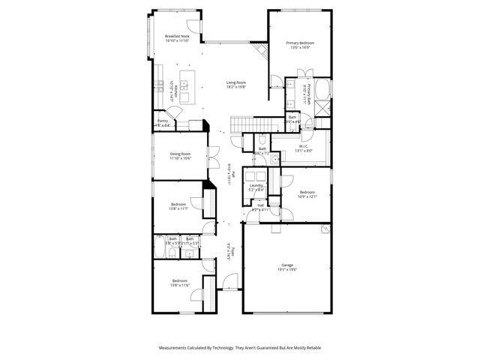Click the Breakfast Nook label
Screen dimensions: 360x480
click(x=177, y=37)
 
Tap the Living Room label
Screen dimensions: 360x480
click(x=237, y=85)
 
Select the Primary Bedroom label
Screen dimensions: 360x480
click(x=299, y=45)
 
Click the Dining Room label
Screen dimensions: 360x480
click(x=180, y=156)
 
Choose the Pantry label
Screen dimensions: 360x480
click(x=163, y=122)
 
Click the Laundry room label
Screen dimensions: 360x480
click(x=256, y=187)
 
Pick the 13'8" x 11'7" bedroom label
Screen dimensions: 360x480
click(x=178, y=206)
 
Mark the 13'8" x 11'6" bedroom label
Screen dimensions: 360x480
click(x=178, y=283)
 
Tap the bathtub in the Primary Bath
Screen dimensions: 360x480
click(x=323, y=91)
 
